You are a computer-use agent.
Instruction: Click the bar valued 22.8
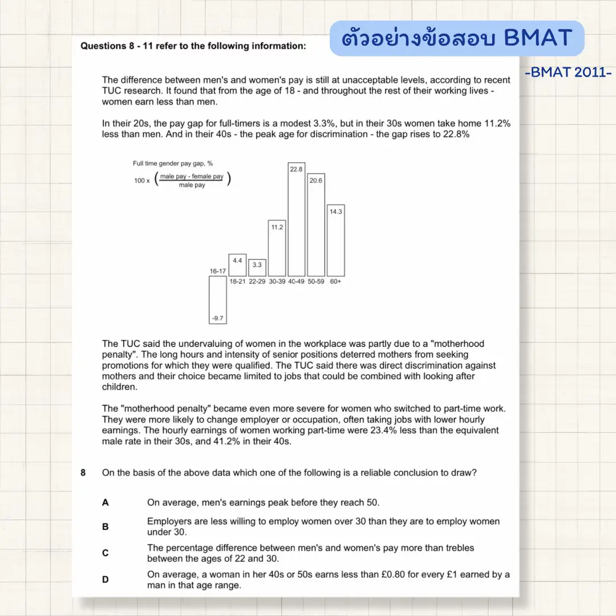[297, 220]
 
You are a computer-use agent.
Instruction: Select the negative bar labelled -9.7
[217, 300]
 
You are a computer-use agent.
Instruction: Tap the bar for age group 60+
[335, 241]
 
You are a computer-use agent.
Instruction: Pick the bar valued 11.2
[277, 248]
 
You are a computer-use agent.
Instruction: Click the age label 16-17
[218, 271]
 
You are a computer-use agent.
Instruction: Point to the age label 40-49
[297, 282]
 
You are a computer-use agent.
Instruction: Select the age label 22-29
[257, 282]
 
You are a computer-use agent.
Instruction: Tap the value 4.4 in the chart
[237, 260]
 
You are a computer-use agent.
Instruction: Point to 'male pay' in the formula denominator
[192, 185]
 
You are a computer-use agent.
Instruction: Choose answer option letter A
[105, 502]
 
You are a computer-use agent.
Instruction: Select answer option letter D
[105, 579]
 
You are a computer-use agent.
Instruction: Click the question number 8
[83, 472]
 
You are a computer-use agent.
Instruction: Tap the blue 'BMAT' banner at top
[457, 38]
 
